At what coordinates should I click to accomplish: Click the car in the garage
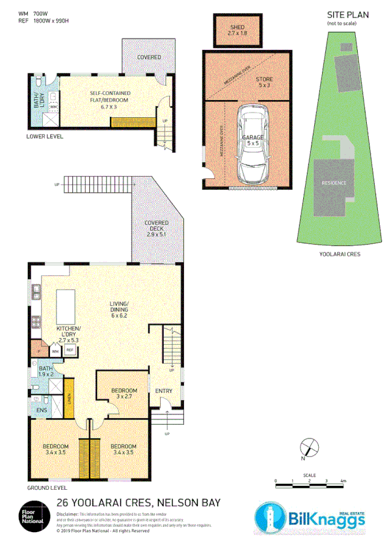point(252,144)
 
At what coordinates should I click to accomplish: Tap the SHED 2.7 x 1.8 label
point(237,29)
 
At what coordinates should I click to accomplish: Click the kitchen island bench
point(67,304)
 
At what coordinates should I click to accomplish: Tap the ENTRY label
point(163,391)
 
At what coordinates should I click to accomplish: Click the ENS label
point(41,410)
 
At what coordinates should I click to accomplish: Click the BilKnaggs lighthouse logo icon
point(268,518)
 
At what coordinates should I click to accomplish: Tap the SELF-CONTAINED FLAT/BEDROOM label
point(109,97)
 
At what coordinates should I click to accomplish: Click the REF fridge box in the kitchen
point(69,350)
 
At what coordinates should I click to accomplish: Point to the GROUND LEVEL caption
point(47,487)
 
